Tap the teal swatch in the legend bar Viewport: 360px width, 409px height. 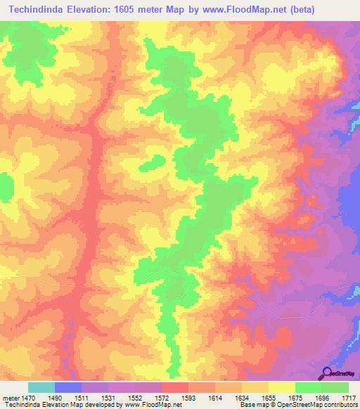coord(41,387)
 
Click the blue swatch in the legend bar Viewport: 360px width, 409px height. coord(68,387)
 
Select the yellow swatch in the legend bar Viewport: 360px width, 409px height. coord(282,387)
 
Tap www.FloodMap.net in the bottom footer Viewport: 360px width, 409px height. coord(148,405)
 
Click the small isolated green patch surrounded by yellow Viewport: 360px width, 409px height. coord(149,164)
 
